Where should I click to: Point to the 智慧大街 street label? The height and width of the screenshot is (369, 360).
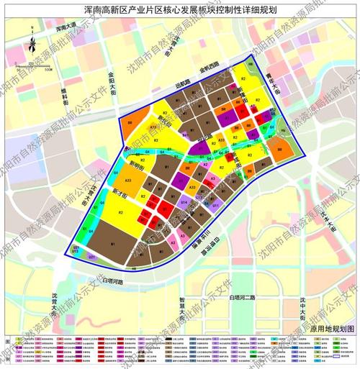(181, 311)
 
